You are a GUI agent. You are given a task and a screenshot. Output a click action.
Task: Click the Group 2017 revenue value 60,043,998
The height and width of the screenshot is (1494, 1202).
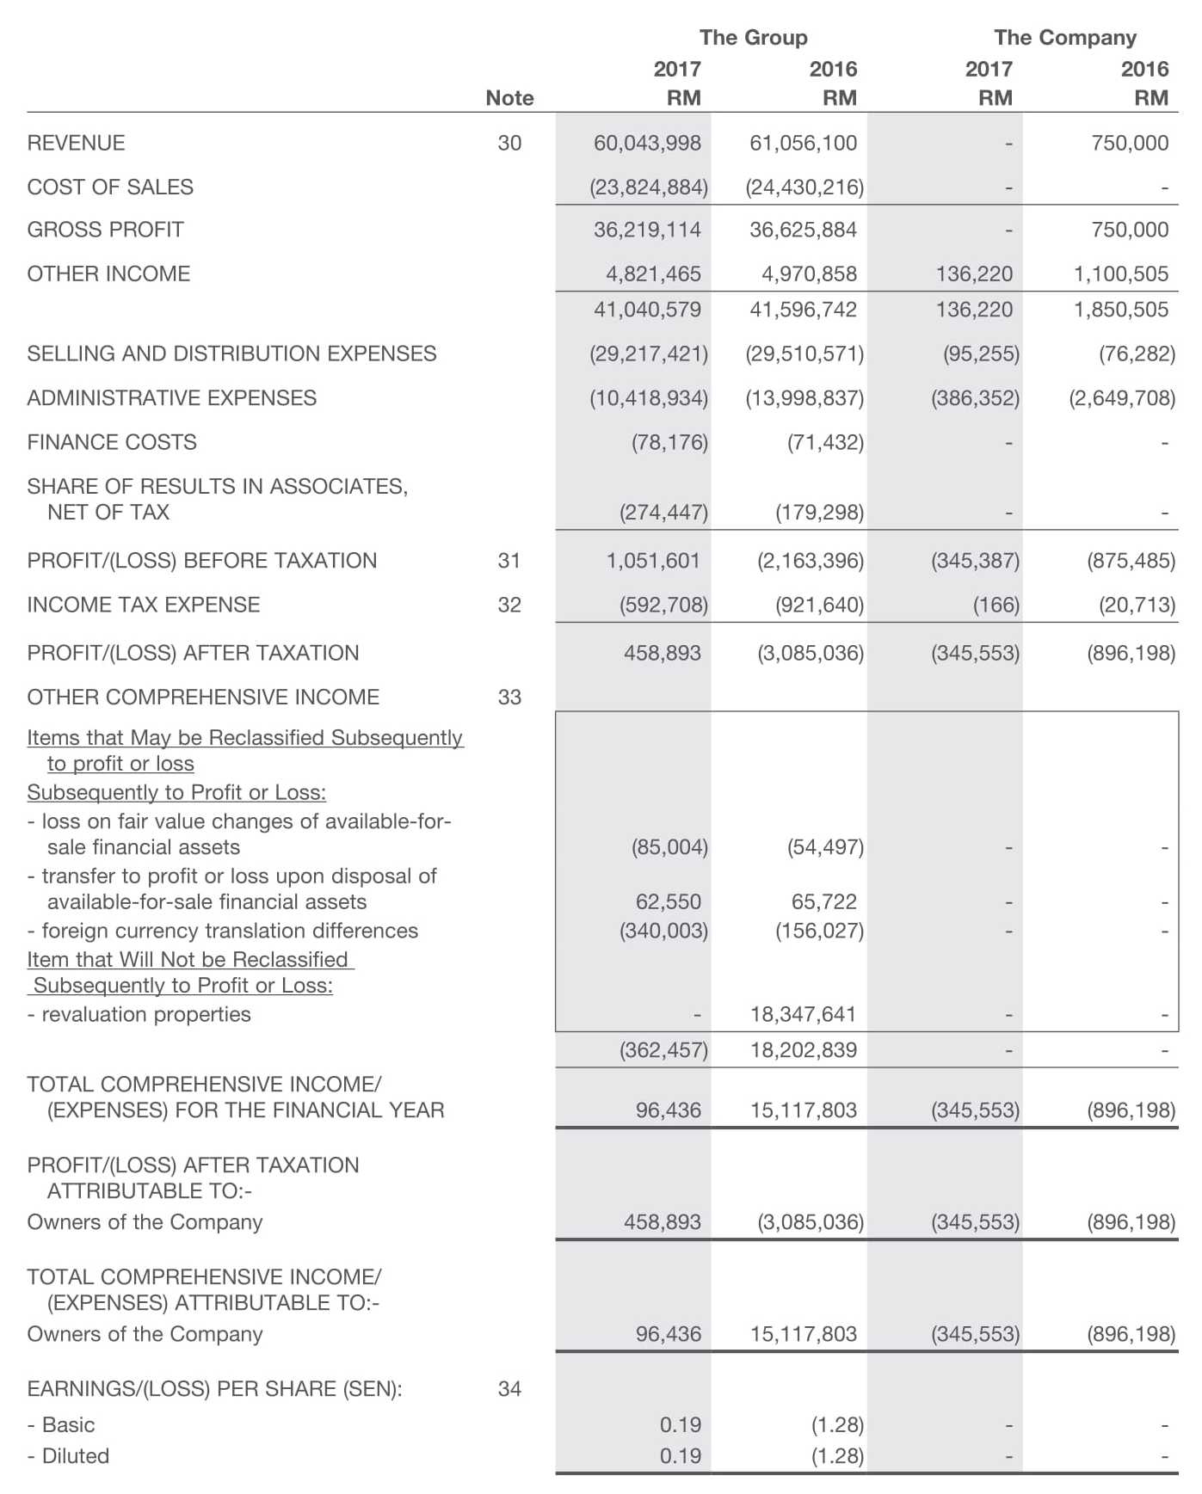647,143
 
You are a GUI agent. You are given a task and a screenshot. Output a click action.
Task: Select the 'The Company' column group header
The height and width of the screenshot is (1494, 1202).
1064,38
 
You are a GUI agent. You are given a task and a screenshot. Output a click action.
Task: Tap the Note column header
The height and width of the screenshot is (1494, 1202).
509,98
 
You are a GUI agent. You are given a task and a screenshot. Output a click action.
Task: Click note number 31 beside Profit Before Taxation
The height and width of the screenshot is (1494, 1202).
509,561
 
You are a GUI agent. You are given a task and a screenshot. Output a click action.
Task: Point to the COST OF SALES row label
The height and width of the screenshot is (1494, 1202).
110,187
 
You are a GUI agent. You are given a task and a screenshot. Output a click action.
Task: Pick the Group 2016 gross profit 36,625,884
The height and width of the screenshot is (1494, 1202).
803,230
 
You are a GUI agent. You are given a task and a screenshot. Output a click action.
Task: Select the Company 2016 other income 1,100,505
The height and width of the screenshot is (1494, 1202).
1120,274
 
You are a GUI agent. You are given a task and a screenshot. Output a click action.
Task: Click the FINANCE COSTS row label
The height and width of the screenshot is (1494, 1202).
112,442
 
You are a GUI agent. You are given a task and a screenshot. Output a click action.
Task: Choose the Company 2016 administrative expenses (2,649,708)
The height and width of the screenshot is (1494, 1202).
1121,398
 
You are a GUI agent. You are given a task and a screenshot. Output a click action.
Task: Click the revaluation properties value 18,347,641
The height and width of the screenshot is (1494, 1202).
803,1014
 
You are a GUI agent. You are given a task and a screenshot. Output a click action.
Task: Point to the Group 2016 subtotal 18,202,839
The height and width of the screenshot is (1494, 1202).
803,1050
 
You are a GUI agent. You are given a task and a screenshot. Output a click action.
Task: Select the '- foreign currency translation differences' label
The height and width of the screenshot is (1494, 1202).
223,931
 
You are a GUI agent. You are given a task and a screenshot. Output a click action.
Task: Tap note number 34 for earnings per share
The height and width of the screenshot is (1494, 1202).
509,1389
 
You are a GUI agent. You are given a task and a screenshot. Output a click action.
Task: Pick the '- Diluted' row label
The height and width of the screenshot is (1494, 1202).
68,1456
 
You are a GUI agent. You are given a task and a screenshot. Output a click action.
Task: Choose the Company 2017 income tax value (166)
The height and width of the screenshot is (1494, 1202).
996,605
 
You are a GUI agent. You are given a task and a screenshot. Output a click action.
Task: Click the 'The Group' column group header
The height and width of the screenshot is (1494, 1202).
753,38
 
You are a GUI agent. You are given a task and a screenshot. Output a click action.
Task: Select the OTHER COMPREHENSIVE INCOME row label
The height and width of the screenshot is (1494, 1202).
203,697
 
